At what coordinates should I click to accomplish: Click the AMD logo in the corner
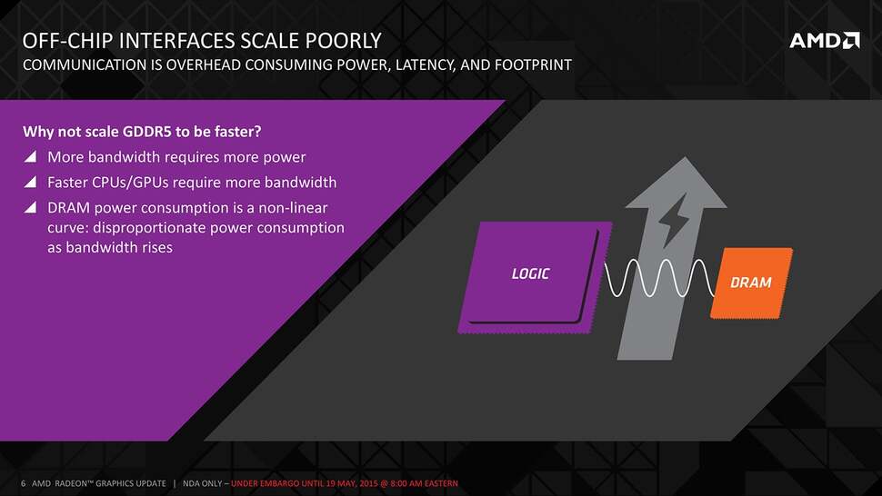pyautogui.click(x=825, y=41)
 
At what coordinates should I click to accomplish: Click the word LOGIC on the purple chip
pyautogui.click(x=530, y=273)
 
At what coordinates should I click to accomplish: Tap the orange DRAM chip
pyautogui.click(x=751, y=283)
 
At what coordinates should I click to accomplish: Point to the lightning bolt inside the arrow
pyautogui.click(x=673, y=220)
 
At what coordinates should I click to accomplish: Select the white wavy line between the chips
pyautogui.click(x=660, y=278)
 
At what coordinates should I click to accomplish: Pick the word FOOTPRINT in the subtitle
pyautogui.click(x=533, y=65)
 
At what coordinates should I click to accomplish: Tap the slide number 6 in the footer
pyautogui.click(x=23, y=483)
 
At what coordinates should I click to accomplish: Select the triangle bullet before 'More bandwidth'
pyautogui.click(x=30, y=156)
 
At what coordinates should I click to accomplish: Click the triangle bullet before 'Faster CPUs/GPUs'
pyautogui.click(x=30, y=182)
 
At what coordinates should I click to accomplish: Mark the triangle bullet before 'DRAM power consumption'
pyautogui.click(x=30, y=207)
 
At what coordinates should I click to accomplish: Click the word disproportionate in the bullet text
pyautogui.click(x=149, y=228)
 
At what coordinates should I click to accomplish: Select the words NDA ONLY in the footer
pyautogui.click(x=204, y=483)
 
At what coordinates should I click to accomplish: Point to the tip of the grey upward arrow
pyautogui.click(x=685, y=157)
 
